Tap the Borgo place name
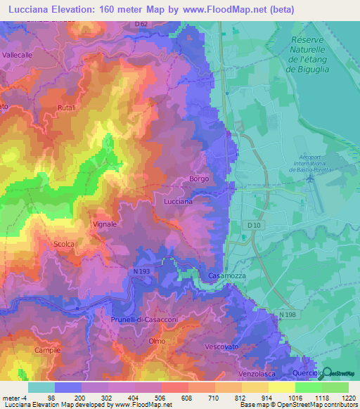point(199,179)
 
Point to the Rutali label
point(67,108)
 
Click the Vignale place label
point(104,224)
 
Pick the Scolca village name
point(64,244)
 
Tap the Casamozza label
point(226,276)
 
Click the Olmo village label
point(157,341)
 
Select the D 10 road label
point(254,224)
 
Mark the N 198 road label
point(287,314)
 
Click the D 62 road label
point(141,24)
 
